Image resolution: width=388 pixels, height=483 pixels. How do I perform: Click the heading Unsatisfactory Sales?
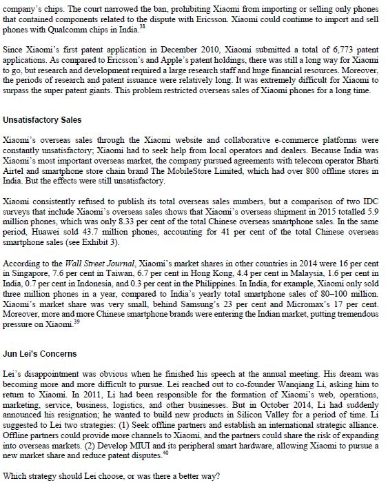click(x=42, y=120)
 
